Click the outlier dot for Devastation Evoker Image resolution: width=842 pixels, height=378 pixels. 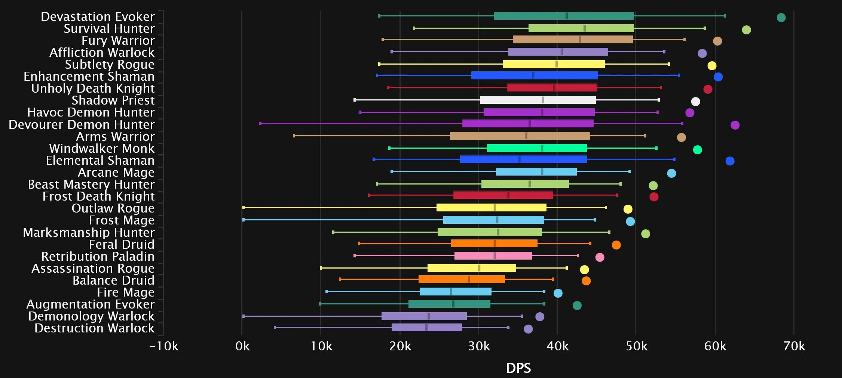tap(781, 18)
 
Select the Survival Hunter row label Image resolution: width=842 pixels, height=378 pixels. tap(109, 29)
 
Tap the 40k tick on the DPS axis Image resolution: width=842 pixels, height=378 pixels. tap(557, 347)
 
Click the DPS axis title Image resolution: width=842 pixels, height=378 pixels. tap(518, 368)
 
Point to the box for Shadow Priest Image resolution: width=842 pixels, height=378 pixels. tap(538, 100)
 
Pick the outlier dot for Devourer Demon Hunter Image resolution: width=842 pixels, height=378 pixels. tap(735, 125)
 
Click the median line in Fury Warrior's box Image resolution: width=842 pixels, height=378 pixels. tap(580, 40)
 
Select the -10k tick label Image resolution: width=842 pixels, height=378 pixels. tap(164, 347)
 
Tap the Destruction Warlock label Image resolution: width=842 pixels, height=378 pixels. tap(94, 328)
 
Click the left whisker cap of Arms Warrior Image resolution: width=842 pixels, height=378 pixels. tap(294, 136)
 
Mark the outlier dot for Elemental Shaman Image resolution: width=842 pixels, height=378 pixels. tap(730, 161)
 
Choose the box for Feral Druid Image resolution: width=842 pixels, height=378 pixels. tap(494, 244)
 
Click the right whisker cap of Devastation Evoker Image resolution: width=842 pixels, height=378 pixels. tap(725, 16)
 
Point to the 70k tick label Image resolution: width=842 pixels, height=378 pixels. tap(794, 347)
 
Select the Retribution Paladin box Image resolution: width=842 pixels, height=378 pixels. tap(493, 256)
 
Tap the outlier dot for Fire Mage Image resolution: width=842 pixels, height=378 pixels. tap(558, 293)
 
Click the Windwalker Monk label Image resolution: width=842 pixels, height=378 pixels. tap(102, 149)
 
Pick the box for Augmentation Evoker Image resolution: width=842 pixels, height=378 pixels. tap(449, 304)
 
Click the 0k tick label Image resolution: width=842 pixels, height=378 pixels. tap(242, 347)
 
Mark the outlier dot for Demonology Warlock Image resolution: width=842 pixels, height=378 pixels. tap(540, 317)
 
